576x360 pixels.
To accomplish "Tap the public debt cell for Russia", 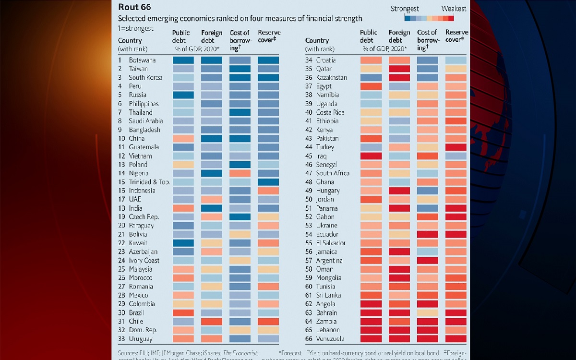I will pos(183,95).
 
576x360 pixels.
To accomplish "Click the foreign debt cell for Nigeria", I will pos(211,173).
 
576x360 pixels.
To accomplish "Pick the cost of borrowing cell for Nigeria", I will pos(240,173).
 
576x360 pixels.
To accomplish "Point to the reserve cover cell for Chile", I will pos(268,322).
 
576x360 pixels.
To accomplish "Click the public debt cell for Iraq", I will pos(371,156).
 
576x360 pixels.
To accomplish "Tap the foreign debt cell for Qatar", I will pos(399,69).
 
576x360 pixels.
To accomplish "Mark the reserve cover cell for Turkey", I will pos(456,147).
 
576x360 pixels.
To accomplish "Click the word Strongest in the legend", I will pos(405,9).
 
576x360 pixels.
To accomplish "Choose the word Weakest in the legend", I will pos(454,9).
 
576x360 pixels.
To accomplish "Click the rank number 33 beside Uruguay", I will pos(122,339).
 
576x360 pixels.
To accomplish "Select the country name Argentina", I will pos(332,261).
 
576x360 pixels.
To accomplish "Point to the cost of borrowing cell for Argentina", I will pos(428,261).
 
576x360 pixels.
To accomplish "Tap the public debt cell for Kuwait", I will pos(183,243).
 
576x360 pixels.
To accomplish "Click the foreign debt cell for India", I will pos(211,208).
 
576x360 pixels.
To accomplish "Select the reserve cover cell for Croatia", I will pos(456,60).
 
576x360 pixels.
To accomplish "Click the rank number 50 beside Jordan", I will pos(309,200).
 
